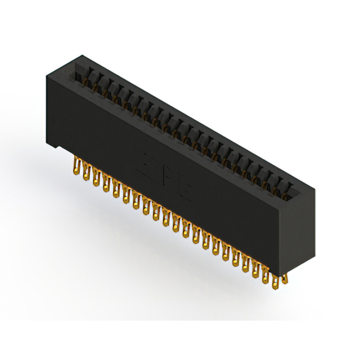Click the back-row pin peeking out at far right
click(285, 277)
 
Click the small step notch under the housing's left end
click(56, 147)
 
